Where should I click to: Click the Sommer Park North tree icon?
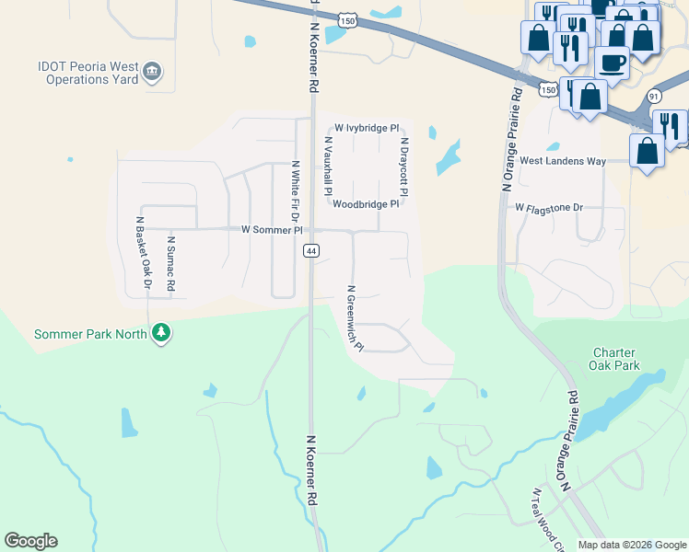(162, 332)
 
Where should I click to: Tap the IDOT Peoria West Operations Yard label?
(88, 73)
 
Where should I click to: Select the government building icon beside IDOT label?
(154, 71)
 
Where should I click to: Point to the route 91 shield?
(654, 96)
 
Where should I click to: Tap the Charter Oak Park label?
(616, 359)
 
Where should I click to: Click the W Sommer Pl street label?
(272, 229)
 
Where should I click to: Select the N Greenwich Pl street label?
(355, 318)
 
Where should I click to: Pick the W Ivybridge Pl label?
(367, 128)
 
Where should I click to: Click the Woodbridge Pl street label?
(366, 204)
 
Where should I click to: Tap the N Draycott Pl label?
(403, 167)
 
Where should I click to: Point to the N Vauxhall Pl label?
(328, 167)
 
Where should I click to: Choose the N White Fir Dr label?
(296, 191)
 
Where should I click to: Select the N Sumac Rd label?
(170, 264)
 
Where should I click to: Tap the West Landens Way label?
(563, 161)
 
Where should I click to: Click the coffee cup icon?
(613, 62)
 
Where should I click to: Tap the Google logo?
(30, 541)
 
